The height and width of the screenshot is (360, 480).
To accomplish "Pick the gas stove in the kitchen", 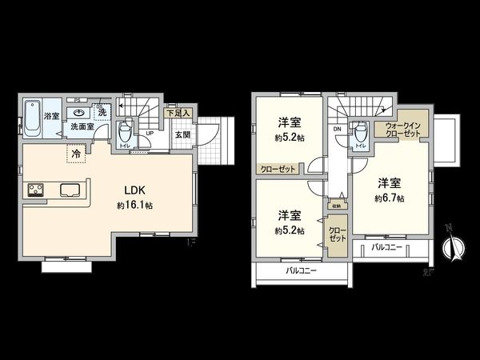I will pos(37,190).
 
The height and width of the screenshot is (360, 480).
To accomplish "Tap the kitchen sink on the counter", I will pos(69,190).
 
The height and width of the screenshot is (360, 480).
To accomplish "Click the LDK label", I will pos(133,190).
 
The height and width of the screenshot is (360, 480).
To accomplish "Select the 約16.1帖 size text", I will pos(133,206).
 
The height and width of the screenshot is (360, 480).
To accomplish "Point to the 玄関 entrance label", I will pos(182,134).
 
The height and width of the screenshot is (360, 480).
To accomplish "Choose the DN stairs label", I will pos(338,128).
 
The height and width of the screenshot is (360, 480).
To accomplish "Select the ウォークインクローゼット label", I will pos(401,130).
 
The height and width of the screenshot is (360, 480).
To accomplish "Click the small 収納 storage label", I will pos(334,206).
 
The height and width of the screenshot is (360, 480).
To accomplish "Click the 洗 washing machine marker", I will pos(102,112).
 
